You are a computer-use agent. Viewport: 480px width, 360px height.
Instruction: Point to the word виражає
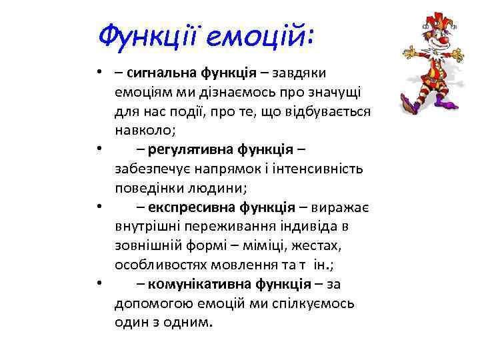coord(343,209)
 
